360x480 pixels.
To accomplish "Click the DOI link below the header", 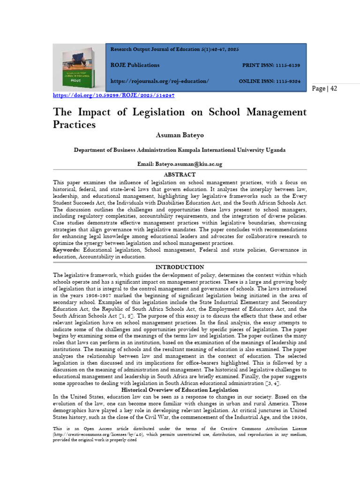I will coord(113,95).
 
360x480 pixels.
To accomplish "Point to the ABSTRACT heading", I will coord(180,174).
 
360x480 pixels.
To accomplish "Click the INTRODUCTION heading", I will coord(180,267).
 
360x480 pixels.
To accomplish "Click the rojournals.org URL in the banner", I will coord(159,82).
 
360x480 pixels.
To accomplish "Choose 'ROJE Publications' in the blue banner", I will coord(135,66).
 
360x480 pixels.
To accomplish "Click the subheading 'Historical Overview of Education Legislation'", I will coord(180,390).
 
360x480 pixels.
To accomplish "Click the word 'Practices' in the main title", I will coord(75,125).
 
